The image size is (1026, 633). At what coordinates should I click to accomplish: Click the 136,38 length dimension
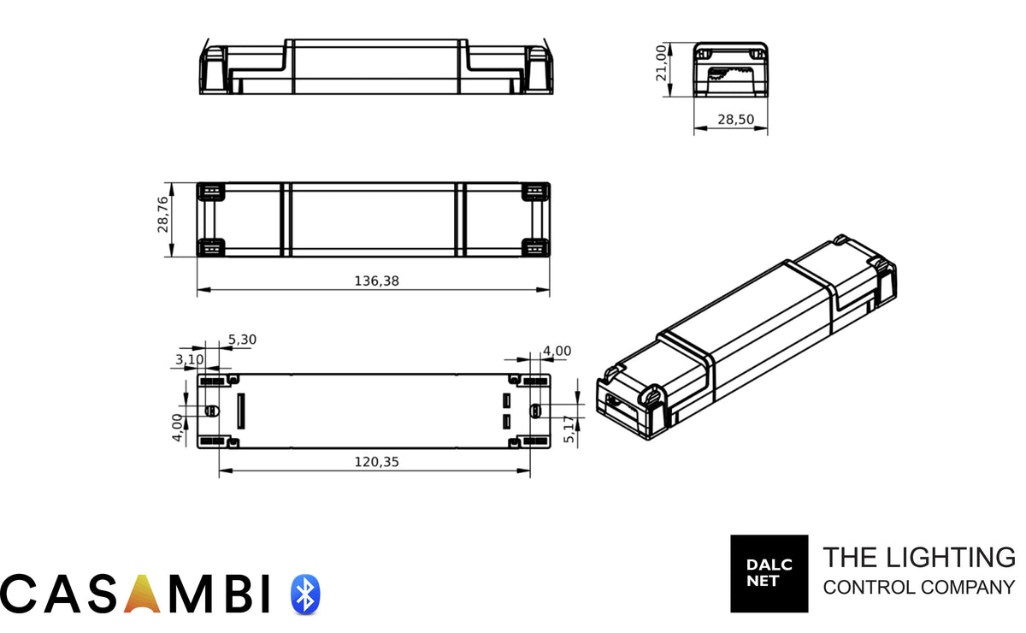(376, 281)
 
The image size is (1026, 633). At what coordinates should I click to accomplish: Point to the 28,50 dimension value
(735, 121)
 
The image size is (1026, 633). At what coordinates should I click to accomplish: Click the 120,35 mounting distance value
(376, 462)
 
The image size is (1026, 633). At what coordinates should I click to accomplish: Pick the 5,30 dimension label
(243, 340)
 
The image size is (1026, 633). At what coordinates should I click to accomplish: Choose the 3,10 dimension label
(190, 359)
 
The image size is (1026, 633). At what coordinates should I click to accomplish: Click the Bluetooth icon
(305, 594)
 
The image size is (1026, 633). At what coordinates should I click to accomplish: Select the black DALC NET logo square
(769, 573)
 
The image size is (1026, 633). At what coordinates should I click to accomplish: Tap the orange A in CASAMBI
(143, 594)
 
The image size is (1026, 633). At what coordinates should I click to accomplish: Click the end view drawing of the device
(729, 68)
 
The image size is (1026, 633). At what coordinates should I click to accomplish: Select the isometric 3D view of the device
(746, 338)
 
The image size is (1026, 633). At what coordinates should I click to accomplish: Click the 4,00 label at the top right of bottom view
(557, 351)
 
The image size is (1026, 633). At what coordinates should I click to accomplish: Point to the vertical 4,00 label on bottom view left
(177, 427)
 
